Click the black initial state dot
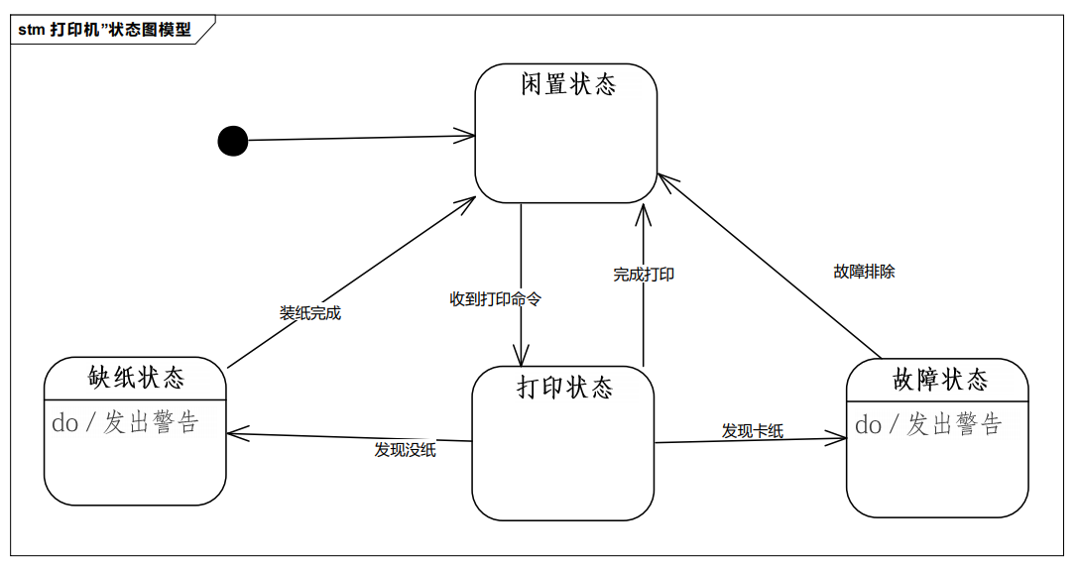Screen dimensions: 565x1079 [x=233, y=142]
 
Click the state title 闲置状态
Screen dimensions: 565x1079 [x=568, y=84]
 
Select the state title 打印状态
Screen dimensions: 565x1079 [x=564, y=387]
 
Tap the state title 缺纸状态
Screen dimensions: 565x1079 [x=137, y=378]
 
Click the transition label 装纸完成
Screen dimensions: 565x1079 [x=310, y=313]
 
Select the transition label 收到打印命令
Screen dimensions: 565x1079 [x=496, y=298]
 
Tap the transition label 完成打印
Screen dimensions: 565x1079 [x=644, y=275]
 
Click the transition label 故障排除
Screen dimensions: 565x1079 [x=864, y=272]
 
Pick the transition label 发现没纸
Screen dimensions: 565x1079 [x=406, y=450]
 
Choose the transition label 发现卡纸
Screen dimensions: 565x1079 [x=753, y=431]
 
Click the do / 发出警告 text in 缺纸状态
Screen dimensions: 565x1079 [x=126, y=423]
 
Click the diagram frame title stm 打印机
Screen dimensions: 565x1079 [x=104, y=30]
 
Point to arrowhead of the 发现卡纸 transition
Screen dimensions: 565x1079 [x=841, y=437]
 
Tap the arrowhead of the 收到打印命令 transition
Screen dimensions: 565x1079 [x=521, y=361]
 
